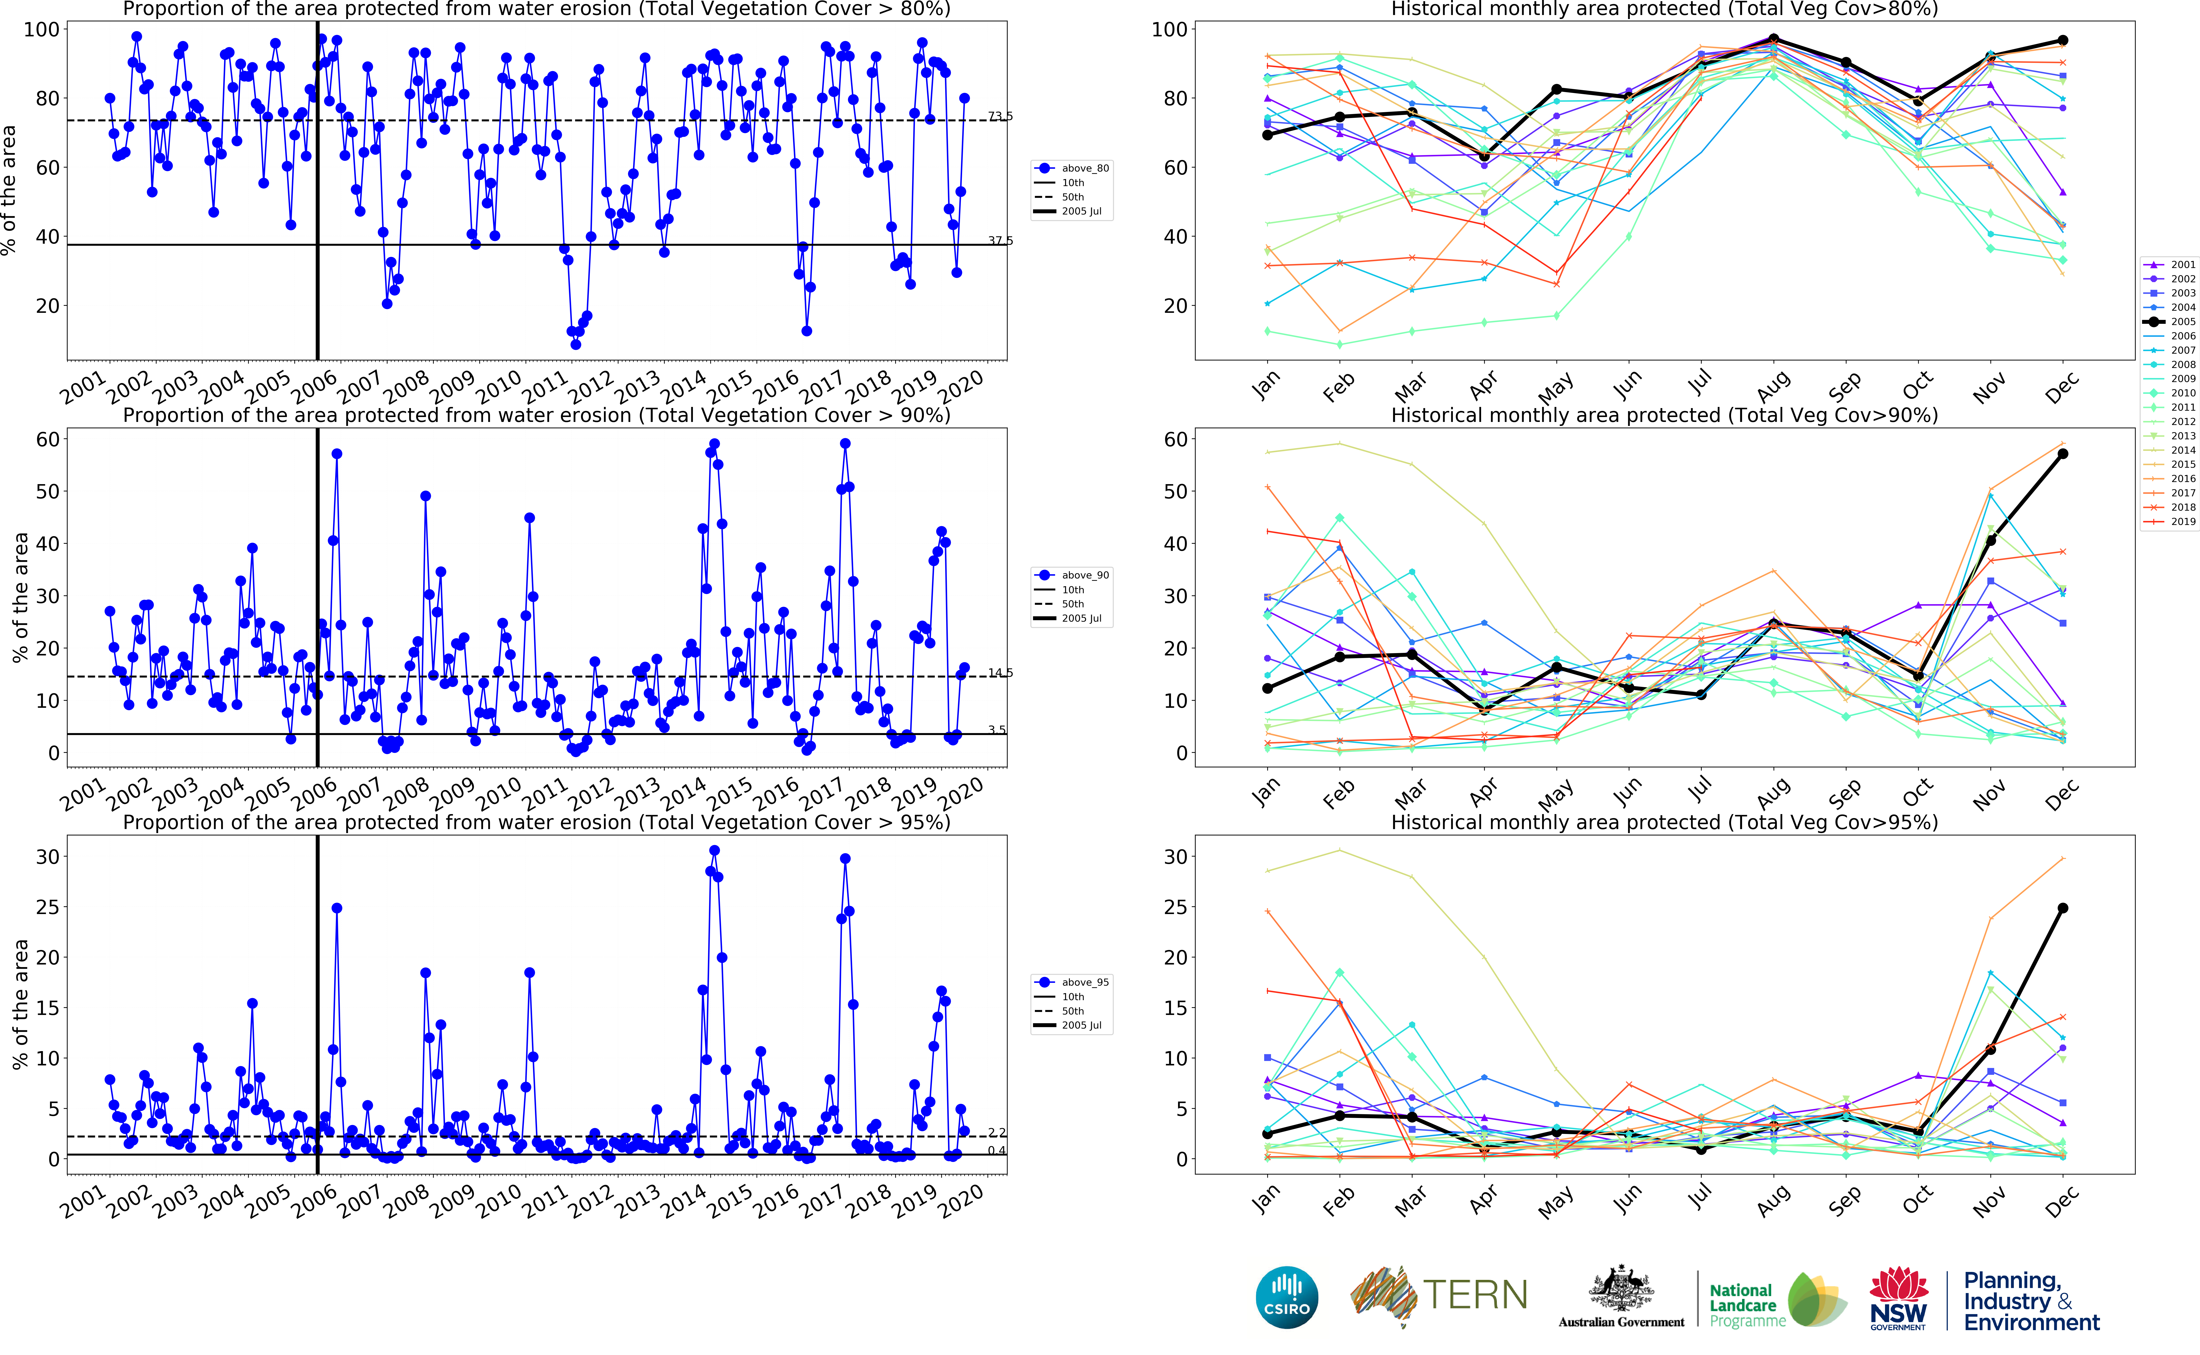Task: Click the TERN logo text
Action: [x=1475, y=1295]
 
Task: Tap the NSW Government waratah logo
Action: [x=1898, y=1297]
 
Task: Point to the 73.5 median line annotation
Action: [x=1000, y=116]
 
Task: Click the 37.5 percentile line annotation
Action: [x=1000, y=240]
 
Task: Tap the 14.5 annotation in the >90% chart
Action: [x=1000, y=673]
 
